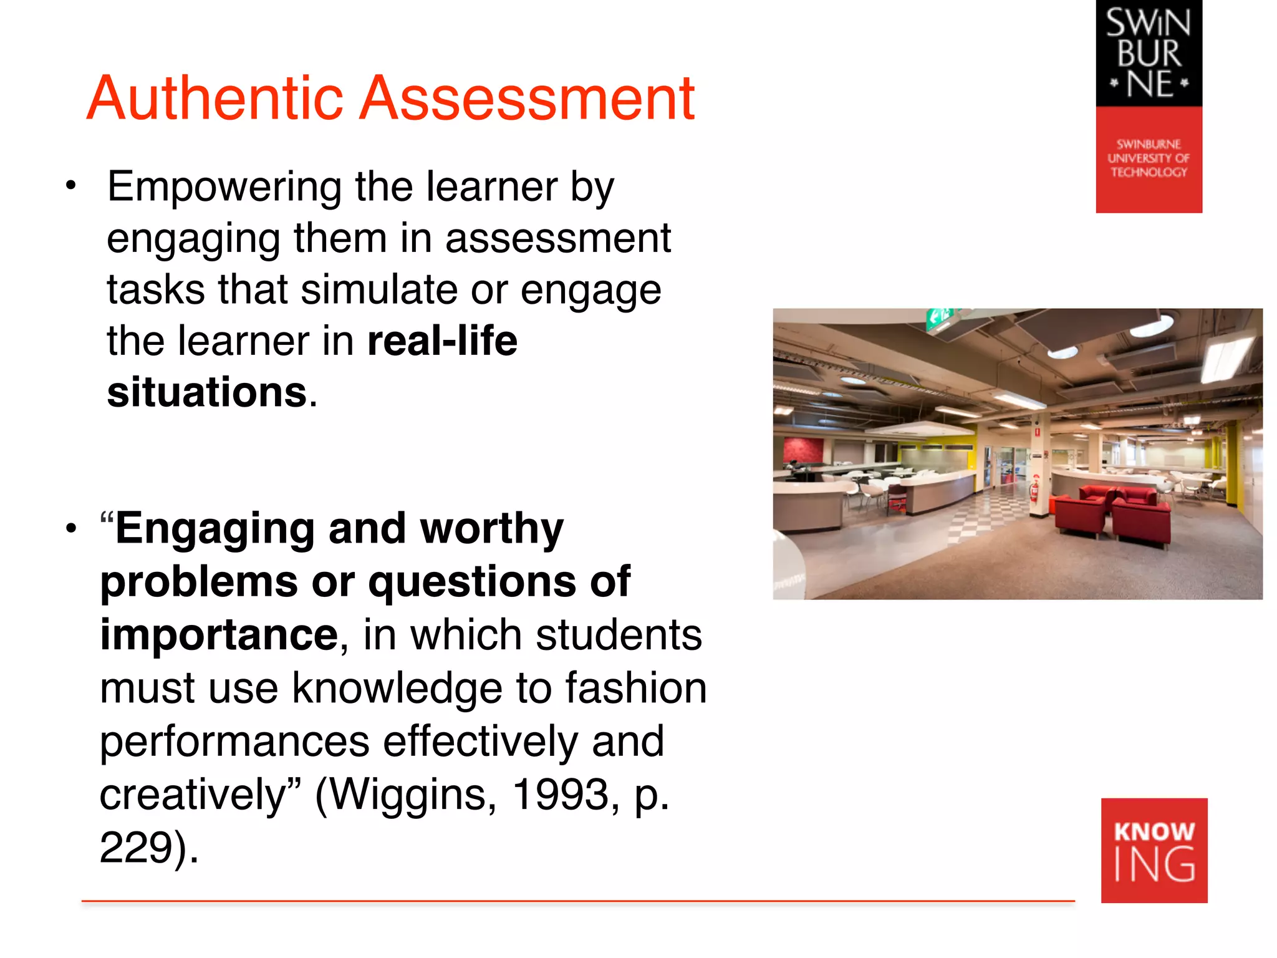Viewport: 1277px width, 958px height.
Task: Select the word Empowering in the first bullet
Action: [x=224, y=188]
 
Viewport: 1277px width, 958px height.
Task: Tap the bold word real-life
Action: [x=443, y=341]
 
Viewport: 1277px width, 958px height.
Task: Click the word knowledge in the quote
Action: [x=397, y=689]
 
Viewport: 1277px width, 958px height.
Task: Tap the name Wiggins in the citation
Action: [x=406, y=795]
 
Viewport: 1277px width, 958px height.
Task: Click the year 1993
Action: [x=561, y=795]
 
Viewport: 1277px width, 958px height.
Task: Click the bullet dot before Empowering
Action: [x=71, y=185]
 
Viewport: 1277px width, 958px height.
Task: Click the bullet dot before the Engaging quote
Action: [x=71, y=528]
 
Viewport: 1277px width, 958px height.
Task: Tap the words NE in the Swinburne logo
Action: [x=1149, y=84]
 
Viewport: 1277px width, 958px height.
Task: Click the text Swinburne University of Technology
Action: [x=1149, y=158]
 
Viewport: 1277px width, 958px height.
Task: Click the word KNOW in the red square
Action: [x=1154, y=831]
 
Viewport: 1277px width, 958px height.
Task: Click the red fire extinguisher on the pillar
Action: [x=1034, y=488]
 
